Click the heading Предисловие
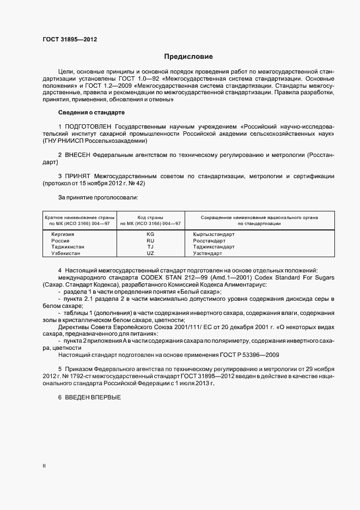click(188, 56)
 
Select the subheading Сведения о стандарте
click(91, 112)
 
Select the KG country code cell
click(150, 234)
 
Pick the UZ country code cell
click(150, 253)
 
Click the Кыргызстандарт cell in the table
click(214, 234)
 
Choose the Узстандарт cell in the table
click(208, 253)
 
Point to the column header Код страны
click(150, 217)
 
